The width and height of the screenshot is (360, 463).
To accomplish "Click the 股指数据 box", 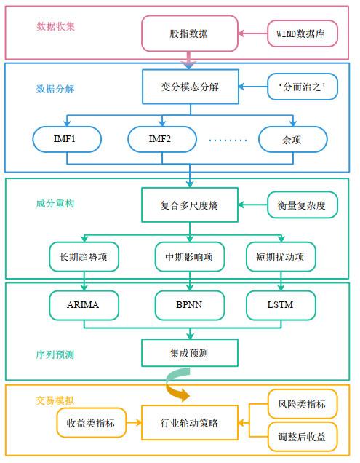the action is point(189,33).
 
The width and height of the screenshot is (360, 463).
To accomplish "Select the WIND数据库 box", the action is point(303,33).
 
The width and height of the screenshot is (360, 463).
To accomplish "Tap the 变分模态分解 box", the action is point(191,87).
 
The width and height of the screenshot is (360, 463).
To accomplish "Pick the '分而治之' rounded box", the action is point(303,87).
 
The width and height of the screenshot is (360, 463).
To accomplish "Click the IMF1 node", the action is point(67,139).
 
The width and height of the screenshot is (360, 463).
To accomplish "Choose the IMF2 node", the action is point(162,139).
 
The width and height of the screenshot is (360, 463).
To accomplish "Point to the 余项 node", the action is point(292,139).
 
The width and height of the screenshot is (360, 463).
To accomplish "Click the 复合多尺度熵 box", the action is point(190,205).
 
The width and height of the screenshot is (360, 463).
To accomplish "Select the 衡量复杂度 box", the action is point(303,205).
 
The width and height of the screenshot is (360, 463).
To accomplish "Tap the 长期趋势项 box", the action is point(84,257).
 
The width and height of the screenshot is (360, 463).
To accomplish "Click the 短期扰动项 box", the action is point(281,257).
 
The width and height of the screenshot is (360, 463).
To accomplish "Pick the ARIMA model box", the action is point(84,305).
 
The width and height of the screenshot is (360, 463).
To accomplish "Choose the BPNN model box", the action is point(190,305).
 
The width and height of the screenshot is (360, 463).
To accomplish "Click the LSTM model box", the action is point(281,305).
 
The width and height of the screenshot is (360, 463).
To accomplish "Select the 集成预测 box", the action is point(190,353).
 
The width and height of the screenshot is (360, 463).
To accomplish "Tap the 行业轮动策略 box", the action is point(190,423).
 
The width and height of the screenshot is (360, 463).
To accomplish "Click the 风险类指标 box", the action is point(303,404).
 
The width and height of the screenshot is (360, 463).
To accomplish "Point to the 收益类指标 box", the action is point(91,423).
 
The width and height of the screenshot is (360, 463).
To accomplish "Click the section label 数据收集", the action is point(55,27).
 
